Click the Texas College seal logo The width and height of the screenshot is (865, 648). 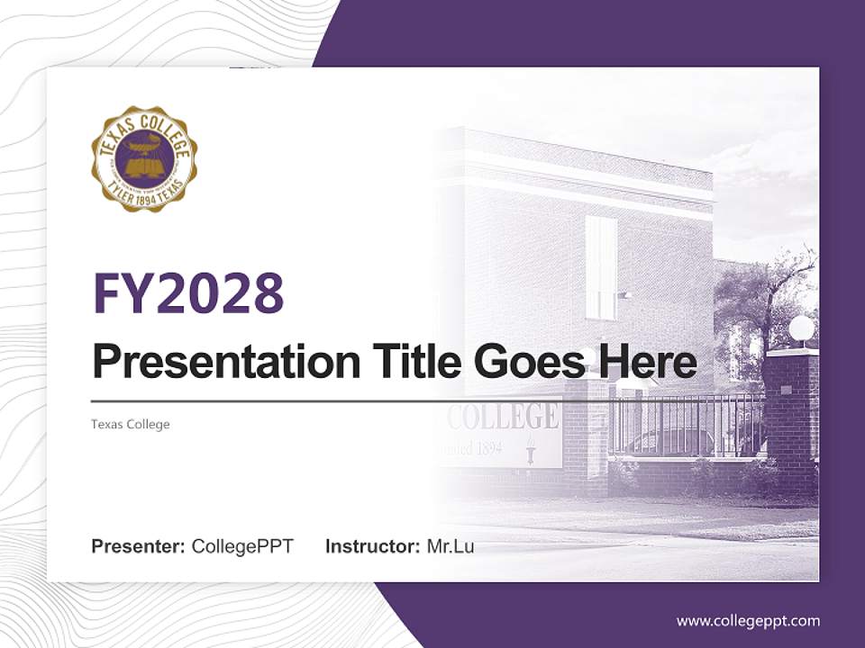(x=144, y=158)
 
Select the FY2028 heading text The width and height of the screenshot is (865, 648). (x=188, y=292)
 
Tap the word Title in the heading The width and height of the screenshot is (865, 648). (x=413, y=362)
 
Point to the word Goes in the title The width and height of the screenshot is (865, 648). (x=527, y=362)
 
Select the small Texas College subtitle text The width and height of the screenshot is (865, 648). (x=130, y=424)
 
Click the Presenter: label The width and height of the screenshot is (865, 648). (x=138, y=546)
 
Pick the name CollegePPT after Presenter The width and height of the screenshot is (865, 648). (x=242, y=546)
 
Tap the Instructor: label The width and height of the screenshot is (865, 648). (x=372, y=546)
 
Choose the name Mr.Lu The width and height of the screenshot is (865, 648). (x=450, y=546)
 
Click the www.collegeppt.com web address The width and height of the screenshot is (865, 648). (x=748, y=620)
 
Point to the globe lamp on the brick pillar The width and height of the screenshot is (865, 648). (x=800, y=329)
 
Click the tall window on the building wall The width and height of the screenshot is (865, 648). (x=601, y=267)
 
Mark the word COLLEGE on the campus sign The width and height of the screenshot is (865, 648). (x=503, y=417)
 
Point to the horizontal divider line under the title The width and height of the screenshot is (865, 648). (x=270, y=401)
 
